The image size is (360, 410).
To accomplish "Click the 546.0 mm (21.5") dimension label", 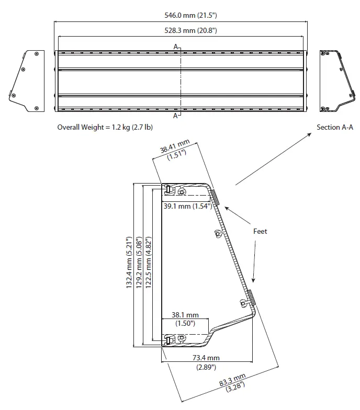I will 181,16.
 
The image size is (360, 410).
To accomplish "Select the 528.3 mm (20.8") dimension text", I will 181,31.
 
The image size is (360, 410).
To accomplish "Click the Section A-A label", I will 334,127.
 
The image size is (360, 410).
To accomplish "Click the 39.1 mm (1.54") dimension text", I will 187,206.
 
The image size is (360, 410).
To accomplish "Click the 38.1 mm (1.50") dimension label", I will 185,319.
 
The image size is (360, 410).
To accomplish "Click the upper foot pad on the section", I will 215,197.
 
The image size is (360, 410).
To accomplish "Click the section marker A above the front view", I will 176,47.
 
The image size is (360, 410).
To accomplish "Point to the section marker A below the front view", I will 176,116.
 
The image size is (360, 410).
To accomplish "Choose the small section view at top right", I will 335,81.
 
